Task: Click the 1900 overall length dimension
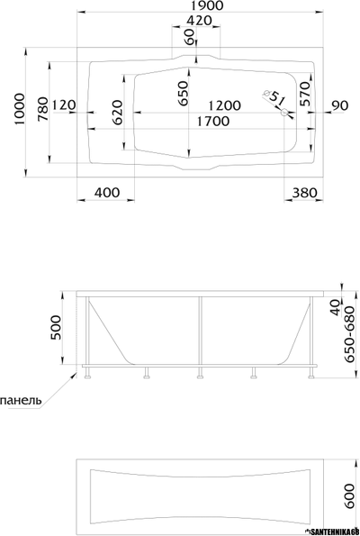click(207, 5)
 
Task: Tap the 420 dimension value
click(199, 21)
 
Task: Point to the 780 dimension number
click(42, 109)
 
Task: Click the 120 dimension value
click(64, 104)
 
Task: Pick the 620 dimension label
click(117, 113)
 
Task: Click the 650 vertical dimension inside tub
click(183, 94)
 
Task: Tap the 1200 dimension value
click(224, 105)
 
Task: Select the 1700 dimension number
click(213, 122)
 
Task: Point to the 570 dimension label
click(304, 94)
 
